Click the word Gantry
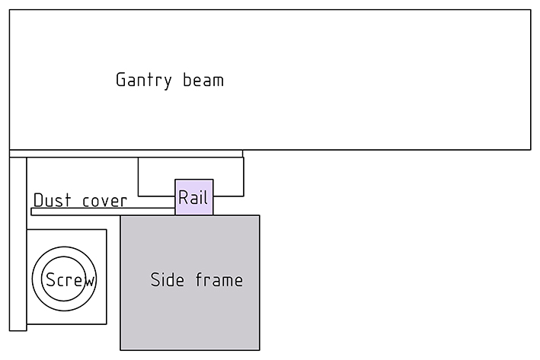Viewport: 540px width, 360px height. tap(144, 80)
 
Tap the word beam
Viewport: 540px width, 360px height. tap(203, 79)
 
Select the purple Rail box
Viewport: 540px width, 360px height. tap(194, 197)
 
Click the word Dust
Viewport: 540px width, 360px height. tap(52, 200)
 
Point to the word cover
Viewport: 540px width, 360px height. tap(104, 200)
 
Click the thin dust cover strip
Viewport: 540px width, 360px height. tap(76, 212)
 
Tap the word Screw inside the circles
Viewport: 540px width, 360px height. tap(69, 280)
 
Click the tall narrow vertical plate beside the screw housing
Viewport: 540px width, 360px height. tap(18, 244)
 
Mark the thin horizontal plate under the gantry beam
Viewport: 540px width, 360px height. tap(126, 154)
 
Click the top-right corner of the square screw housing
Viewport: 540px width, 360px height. tap(106, 230)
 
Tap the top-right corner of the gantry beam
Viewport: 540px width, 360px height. tap(530, 10)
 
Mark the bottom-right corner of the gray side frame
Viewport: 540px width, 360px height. tap(260, 350)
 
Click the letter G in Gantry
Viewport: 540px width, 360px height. tap(121, 80)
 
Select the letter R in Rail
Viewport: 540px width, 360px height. tap(184, 198)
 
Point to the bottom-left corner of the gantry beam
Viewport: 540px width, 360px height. tap(10, 149)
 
